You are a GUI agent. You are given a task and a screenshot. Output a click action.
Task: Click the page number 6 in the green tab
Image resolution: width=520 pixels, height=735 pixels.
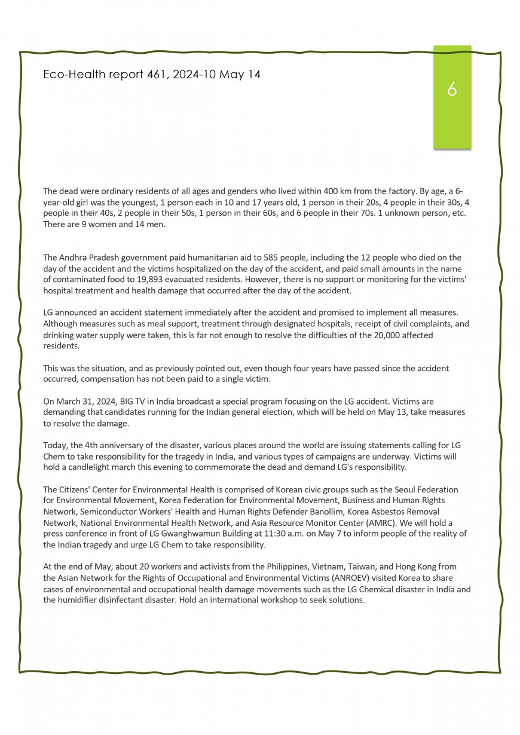(x=452, y=90)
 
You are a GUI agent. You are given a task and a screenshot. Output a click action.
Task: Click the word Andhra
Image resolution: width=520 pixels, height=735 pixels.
(x=74, y=258)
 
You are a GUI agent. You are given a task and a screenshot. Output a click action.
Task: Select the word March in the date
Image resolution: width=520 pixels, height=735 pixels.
(x=71, y=402)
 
